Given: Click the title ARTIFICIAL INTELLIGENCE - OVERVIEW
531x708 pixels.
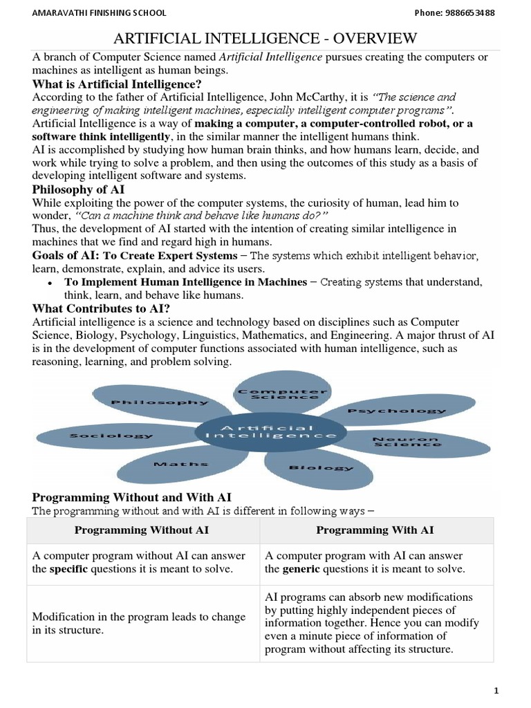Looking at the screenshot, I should pos(265,37).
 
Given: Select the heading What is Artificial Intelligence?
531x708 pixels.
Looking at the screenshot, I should pos(117,84).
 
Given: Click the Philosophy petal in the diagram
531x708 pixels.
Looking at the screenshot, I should pos(159,402).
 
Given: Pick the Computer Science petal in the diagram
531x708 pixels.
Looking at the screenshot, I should pos(280,393).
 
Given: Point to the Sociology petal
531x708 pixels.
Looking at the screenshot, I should pos(111,436).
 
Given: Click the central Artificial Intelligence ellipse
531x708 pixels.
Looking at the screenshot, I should pos(266,431).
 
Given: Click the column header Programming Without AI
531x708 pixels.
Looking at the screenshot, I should pos(142,530).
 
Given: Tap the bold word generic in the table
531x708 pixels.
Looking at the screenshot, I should pos(301,569).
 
